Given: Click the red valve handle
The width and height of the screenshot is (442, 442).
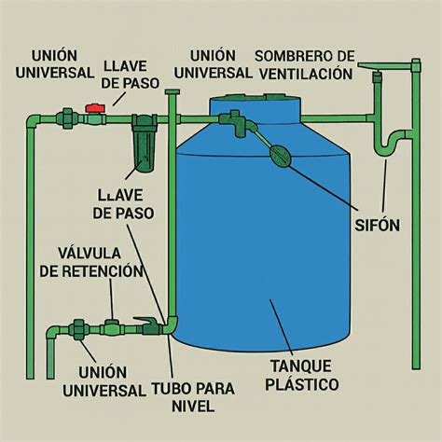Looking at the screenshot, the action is (x=96, y=108).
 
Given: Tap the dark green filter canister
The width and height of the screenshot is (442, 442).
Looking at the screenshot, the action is (x=144, y=144).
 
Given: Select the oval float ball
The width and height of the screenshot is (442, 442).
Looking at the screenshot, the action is (x=281, y=155).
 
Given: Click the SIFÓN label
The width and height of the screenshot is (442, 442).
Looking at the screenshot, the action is (x=377, y=225).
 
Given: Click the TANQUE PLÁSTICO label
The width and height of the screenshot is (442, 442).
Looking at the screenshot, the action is (x=302, y=375).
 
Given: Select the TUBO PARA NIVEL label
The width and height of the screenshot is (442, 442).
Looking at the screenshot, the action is (x=193, y=397).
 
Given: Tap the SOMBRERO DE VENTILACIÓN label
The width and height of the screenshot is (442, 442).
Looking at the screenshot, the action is (x=306, y=65).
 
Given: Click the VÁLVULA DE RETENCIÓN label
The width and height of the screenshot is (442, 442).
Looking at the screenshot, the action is (x=90, y=263).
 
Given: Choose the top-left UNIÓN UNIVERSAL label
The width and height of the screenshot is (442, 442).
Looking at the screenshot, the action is (x=55, y=64).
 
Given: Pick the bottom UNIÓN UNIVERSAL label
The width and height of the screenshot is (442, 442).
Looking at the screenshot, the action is (x=104, y=381).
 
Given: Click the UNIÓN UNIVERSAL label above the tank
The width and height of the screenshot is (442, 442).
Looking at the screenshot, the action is (x=213, y=64).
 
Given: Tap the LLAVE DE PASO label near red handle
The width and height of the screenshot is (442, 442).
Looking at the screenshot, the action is (x=131, y=75).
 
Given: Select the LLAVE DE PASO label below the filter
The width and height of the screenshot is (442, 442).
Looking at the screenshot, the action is (x=123, y=204).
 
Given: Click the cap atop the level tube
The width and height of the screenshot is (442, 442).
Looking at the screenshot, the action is (x=173, y=91).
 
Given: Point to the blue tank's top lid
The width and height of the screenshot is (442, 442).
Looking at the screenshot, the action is (x=256, y=108).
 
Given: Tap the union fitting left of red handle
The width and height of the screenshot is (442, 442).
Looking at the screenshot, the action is (x=67, y=118).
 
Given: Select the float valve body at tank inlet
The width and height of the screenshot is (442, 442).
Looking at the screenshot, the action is (x=238, y=123).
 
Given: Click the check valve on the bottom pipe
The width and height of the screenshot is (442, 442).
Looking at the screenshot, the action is (x=111, y=329).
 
